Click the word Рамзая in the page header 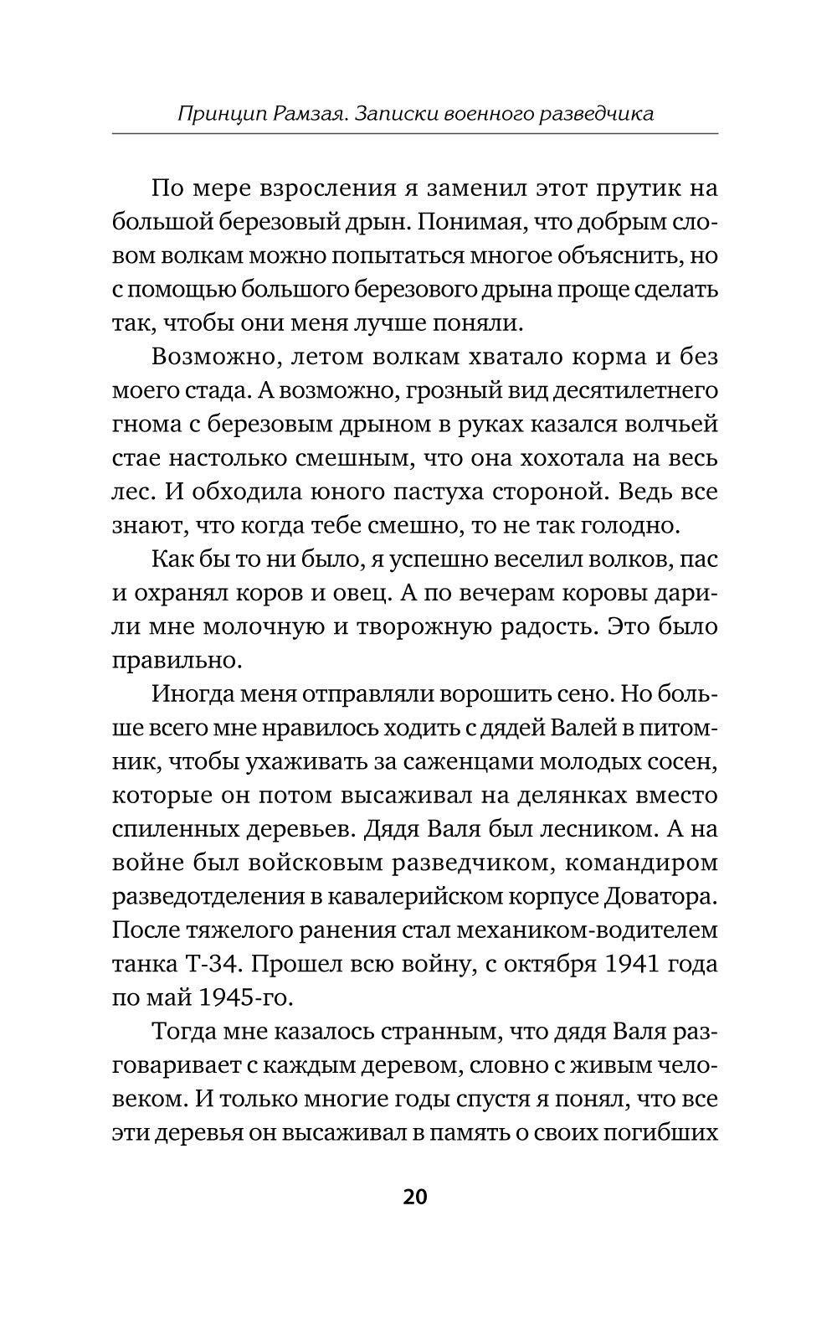(307, 113)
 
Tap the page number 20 (415, 1196)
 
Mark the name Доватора (660, 896)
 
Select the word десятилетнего (627, 391)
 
